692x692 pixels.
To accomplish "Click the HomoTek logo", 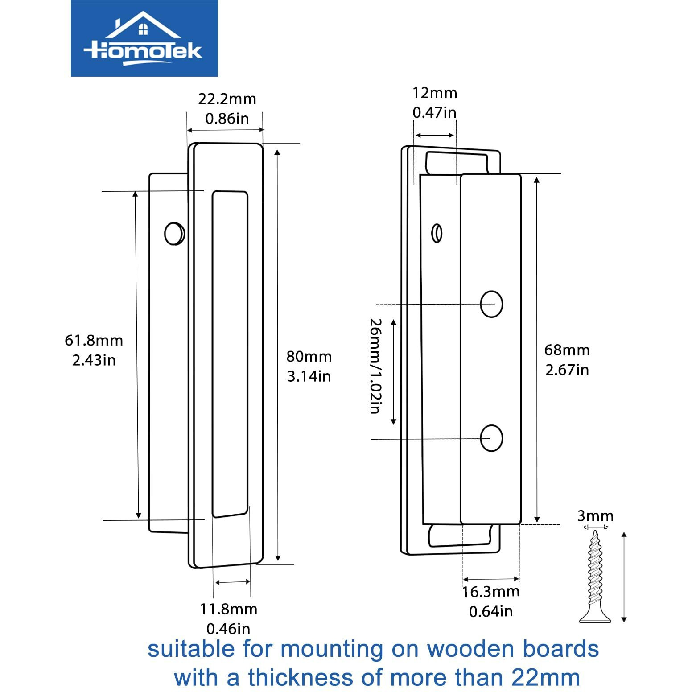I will coord(144,38).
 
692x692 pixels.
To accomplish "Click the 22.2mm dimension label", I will coord(227,99).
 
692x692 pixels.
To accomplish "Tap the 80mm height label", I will coord(309,356).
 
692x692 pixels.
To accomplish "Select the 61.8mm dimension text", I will coord(94,340).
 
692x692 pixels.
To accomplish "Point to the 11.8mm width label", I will coord(228,609).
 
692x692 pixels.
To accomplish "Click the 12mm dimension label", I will coord(435,93).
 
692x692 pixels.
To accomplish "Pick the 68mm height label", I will coord(567,350).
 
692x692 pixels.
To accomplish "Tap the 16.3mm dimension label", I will coord(490,592).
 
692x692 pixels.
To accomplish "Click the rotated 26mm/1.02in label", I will coord(375,366).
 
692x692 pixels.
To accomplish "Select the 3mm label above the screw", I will coord(595,516).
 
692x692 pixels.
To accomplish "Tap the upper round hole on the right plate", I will coord(491,304).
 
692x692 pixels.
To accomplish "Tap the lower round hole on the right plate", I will coord(491,438).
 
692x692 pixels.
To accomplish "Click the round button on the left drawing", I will coord(174,233).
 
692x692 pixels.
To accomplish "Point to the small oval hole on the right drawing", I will coord(437,233).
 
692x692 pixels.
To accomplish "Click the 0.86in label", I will coord(227,119).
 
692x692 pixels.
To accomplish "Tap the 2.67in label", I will coord(567,370).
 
